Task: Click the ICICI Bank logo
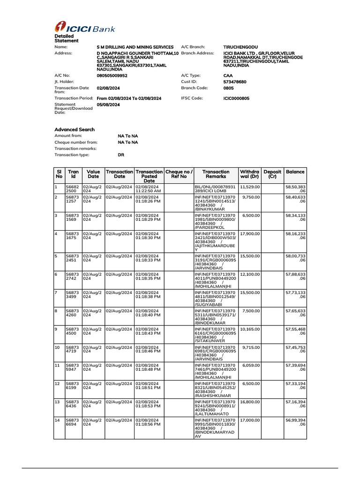pos(84,28)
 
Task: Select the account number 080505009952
pos(112,75)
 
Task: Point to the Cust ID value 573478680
pos(235,82)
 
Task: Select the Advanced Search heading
pos(75,129)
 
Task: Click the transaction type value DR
pos(121,154)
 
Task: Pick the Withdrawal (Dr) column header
pos(249,174)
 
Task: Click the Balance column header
pos(295,172)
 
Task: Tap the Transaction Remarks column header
pos(216,174)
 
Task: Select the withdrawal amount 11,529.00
pos(250,187)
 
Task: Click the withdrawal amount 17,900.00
pos(250,233)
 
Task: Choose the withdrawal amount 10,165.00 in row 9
pos(250,329)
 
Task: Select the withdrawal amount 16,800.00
pos(250,402)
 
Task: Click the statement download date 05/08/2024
pos(108,105)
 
